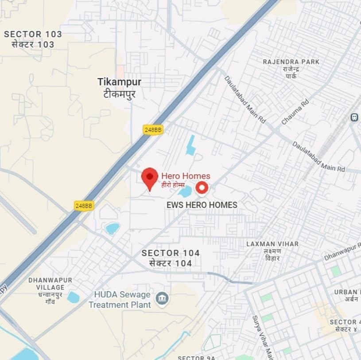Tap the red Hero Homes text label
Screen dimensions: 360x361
tap(186, 176)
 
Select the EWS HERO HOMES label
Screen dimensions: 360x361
tap(202, 205)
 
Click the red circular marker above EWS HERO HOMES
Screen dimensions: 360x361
tap(202, 188)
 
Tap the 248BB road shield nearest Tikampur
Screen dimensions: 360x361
tap(153, 129)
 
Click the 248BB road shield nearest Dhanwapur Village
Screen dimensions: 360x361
tap(84, 206)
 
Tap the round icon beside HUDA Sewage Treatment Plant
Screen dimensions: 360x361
tap(162, 299)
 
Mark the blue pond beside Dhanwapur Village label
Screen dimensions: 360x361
tap(73, 297)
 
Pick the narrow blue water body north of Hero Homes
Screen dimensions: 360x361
tap(191, 145)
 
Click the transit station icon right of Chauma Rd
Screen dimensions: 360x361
tap(354, 117)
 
